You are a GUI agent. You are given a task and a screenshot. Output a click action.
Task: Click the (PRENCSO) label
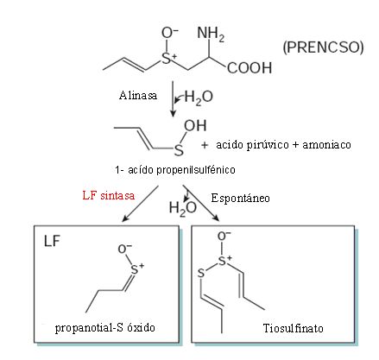(323, 47)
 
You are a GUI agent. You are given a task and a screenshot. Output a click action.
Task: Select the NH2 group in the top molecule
(211, 35)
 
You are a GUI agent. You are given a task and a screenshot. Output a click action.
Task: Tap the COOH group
(250, 68)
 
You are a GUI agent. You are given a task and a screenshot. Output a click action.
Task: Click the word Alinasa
(138, 95)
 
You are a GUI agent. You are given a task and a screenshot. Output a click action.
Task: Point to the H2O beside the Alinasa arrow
(199, 97)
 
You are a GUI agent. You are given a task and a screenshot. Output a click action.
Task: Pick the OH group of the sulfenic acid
(195, 126)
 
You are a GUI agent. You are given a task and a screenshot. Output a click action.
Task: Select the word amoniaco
(326, 144)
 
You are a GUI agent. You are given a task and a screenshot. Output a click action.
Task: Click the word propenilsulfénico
(196, 170)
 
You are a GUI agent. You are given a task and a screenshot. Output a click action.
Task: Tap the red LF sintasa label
(109, 195)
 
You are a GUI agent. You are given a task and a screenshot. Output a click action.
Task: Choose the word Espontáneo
(240, 198)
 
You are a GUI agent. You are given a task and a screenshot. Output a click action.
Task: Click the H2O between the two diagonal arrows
(183, 208)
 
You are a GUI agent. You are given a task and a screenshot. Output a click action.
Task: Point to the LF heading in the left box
(52, 241)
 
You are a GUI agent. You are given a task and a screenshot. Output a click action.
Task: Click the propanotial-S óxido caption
(105, 328)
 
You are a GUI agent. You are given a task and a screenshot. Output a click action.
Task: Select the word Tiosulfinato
(294, 328)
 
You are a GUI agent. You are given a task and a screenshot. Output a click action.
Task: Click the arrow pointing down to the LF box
(140, 203)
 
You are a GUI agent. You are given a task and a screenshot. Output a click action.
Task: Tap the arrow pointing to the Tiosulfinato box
(201, 203)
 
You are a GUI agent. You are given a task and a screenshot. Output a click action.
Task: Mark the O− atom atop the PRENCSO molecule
(170, 33)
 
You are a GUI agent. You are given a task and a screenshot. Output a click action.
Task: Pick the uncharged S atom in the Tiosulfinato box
(201, 273)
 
